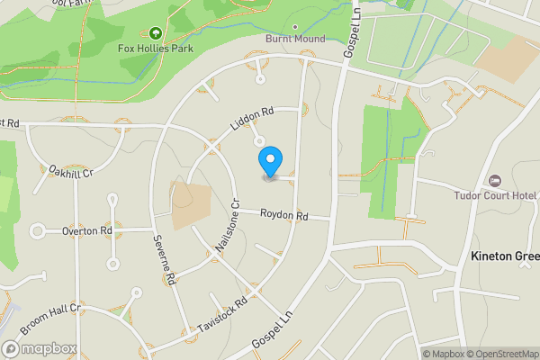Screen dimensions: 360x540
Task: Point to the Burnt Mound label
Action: pos(295,39)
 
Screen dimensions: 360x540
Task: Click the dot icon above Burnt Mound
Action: pos(295,27)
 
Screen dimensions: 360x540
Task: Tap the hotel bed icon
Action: pos(494,182)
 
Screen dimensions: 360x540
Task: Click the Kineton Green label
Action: pos(505,256)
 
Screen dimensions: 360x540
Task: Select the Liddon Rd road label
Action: pos(251,121)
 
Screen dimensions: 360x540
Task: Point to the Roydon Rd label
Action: pos(284,216)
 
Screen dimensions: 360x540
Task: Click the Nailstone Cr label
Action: pos(226,226)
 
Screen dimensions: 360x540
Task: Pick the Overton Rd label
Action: pos(87,231)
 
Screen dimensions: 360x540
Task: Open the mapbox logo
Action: pos(40,348)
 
